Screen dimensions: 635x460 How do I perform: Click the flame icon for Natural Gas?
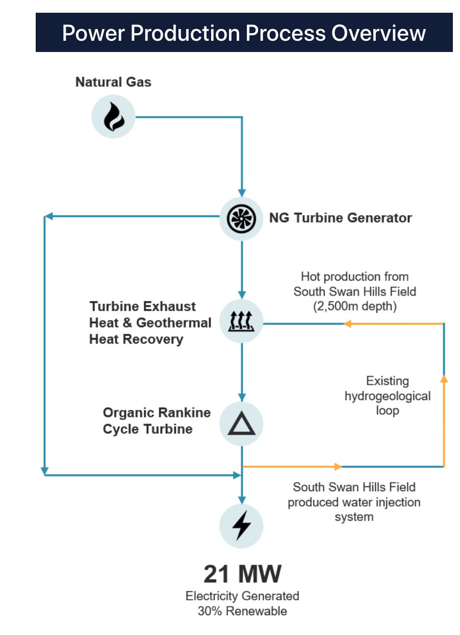click(x=113, y=117)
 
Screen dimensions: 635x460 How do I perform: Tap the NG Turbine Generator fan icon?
click(x=241, y=219)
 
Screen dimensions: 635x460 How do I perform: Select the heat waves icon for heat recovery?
click(x=241, y=321)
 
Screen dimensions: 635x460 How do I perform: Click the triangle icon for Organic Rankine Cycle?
click(x=241, y=424)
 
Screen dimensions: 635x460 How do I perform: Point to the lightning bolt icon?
click(x=241, y=526)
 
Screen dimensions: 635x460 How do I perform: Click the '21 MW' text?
click(x=242, y=574)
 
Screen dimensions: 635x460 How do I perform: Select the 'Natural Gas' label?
click(x=113, y=82)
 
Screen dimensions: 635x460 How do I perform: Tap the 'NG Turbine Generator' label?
click(x=340, y=218)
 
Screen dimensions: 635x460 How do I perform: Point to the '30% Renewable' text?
click(x=242, y=611)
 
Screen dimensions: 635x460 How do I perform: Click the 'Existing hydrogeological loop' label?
click(x=388, y=395)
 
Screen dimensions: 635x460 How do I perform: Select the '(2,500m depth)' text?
click(x=354, y=306)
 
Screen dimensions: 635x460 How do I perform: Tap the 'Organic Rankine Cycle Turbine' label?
click(x=157, y=420)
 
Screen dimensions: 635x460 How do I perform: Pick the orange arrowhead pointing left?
click(x=348, y=324)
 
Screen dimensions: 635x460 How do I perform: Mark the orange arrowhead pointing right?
click(x=337, y=466)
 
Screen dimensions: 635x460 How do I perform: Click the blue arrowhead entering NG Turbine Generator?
click(x=242, y=193)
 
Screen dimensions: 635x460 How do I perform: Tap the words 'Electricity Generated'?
click(x=242, y=596)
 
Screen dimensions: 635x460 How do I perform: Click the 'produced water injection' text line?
click(x=354, y=502)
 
